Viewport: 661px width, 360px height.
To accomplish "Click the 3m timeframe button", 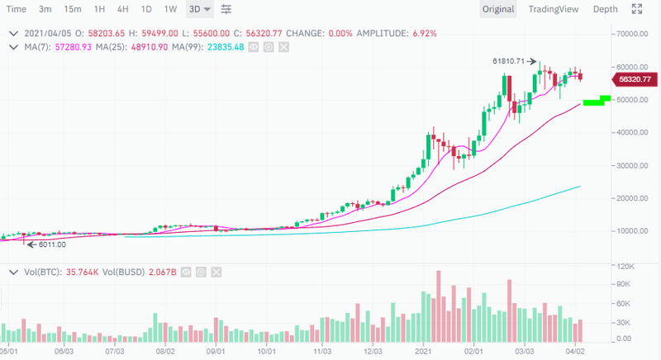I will [x=46, y=10].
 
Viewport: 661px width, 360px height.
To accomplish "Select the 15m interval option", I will [x=73, y=10].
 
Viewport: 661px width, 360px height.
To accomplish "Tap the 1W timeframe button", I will [x=170, y=10].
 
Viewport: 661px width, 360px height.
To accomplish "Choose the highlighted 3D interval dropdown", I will [x=199, y=10].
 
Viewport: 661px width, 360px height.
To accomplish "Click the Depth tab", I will [x=605, y=10].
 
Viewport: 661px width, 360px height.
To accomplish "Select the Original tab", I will [x=498, y=10].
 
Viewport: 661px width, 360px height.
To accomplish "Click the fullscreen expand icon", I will [x=637, y=10].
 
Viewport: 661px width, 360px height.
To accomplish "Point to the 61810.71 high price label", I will [x=508, y=61].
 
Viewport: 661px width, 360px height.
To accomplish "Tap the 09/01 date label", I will [x=216, y=351].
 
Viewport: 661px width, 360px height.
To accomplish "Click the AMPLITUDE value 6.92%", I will [x=421, y=34].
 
